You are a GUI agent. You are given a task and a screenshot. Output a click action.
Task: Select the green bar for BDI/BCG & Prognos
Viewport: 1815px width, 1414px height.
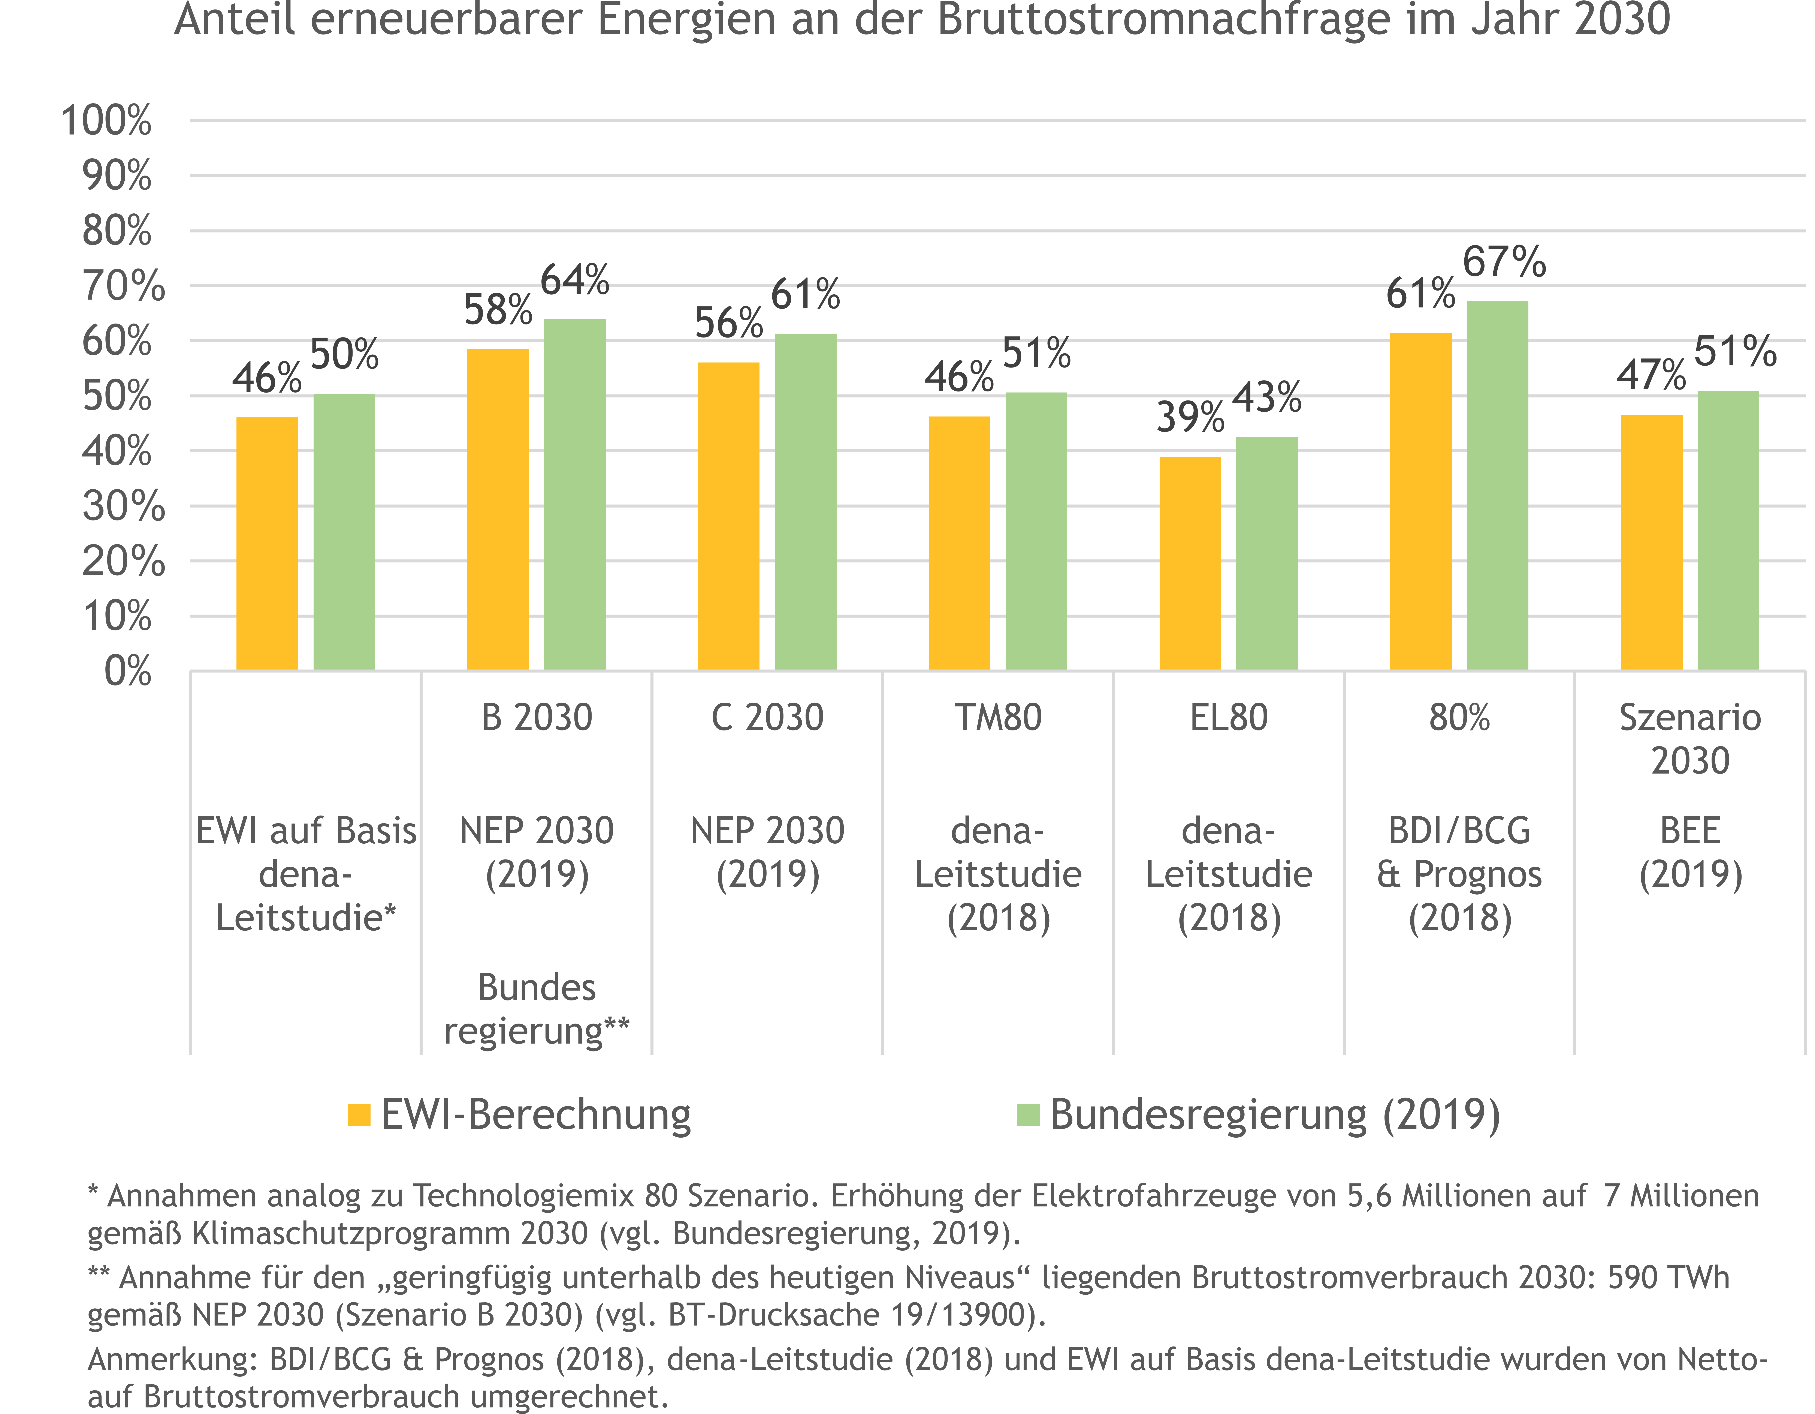(1498, 486)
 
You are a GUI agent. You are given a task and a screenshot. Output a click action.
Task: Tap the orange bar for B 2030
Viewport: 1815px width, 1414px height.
(498, 510)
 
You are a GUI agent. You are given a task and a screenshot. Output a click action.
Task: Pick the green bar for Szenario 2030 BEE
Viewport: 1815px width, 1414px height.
(1728, 530)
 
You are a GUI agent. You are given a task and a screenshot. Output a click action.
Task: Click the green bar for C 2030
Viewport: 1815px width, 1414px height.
(805, 502)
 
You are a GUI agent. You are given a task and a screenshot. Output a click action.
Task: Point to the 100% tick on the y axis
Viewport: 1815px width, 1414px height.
(106, 121)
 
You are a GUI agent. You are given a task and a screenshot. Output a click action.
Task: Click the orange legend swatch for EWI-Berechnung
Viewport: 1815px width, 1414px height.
(359, 1115)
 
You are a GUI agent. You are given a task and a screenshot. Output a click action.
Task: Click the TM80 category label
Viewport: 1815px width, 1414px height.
(997, 717)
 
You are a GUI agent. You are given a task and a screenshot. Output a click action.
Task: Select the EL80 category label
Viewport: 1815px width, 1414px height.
(1228, 717)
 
